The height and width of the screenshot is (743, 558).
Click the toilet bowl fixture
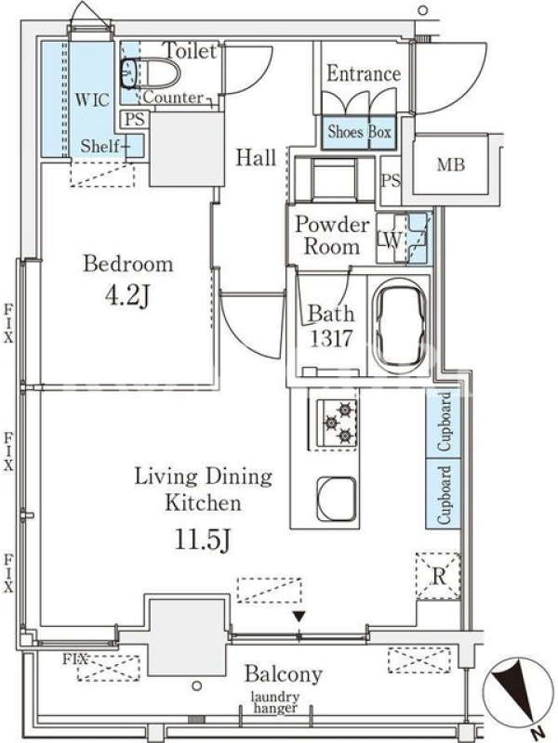[x=151, y=73]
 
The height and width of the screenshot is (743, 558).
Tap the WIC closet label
[x=92, y=99]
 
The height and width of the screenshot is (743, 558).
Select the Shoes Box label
[x=360, y=132]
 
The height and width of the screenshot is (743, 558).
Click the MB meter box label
[x=451, y=164]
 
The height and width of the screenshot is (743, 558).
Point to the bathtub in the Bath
[x=400, y=327]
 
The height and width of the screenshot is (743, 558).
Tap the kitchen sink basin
[x=337, y=499]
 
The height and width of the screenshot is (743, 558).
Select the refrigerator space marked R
[x=438, y=577]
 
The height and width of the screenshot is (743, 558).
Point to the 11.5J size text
[x=203, y=540]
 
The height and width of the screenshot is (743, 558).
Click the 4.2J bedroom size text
[x=127, y=295]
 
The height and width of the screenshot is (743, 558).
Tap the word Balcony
[x=284, y=673]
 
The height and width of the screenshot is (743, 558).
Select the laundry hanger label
[x=275, y=702]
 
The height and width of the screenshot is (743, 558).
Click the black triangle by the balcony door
[x=299, y=617]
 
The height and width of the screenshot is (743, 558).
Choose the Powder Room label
[x=332, y=236]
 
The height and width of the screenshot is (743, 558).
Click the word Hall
[x=257, y=157]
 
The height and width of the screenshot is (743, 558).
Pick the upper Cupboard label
[x=444, y=422]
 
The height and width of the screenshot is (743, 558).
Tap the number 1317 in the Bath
[x=331, y=338]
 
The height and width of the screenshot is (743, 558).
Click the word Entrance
[x=364, y=74]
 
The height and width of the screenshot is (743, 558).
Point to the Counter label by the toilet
[x=173, y=98]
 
